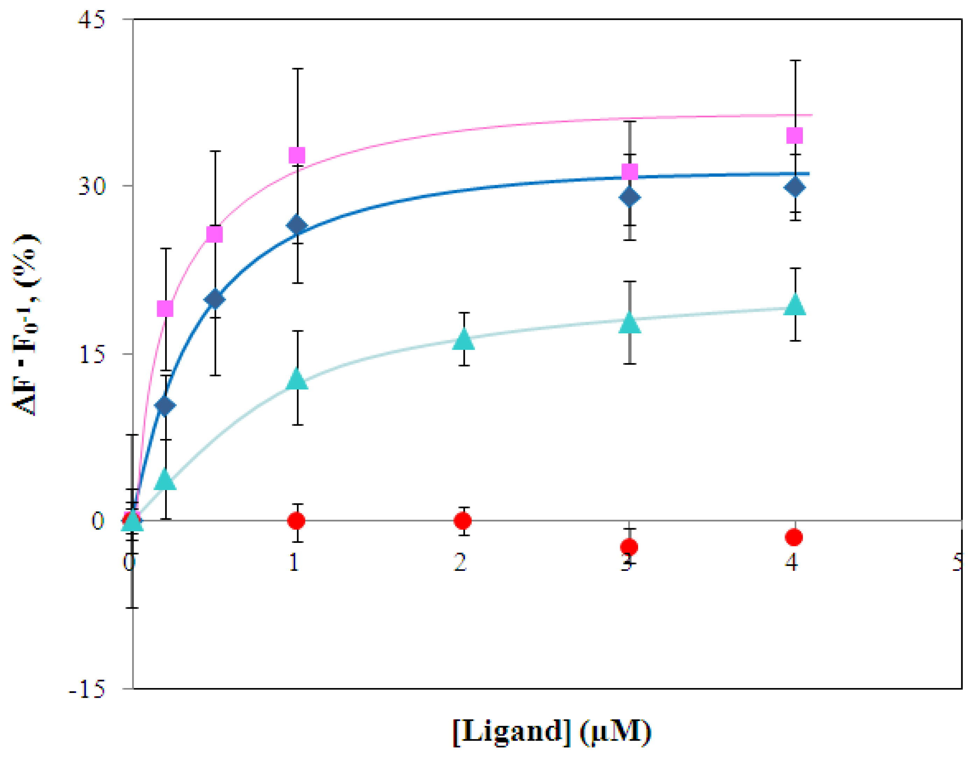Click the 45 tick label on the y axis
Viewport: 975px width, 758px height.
click(x=92, y=20)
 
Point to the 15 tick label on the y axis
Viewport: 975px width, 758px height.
click(x=92, y=354)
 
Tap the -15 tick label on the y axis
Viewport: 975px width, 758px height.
click(x=87, y=690)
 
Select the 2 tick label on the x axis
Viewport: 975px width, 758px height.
click(x=460, y=562)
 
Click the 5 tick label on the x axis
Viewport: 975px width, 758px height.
click(x=957, y=562)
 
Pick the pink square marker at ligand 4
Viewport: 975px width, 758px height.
click(x=794, y=135)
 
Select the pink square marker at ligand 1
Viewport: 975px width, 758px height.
click(x=297, y=156)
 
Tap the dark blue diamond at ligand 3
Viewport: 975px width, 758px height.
click(x=629, y=198)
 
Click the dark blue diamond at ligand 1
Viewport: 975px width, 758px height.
click(x=297, y=225)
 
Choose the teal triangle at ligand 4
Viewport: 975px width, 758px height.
click(x=794, y=306)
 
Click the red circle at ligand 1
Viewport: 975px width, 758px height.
click(x=296, y=520)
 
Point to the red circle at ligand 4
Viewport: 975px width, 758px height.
click(x=794, y=537)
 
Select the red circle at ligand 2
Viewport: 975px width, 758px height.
click(x=463, y=520)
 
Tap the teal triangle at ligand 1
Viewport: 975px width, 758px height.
click(x=297, y=380)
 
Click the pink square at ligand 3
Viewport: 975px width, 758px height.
click(x=629, y=172)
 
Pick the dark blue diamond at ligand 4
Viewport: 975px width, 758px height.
click(x=794, y=187)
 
